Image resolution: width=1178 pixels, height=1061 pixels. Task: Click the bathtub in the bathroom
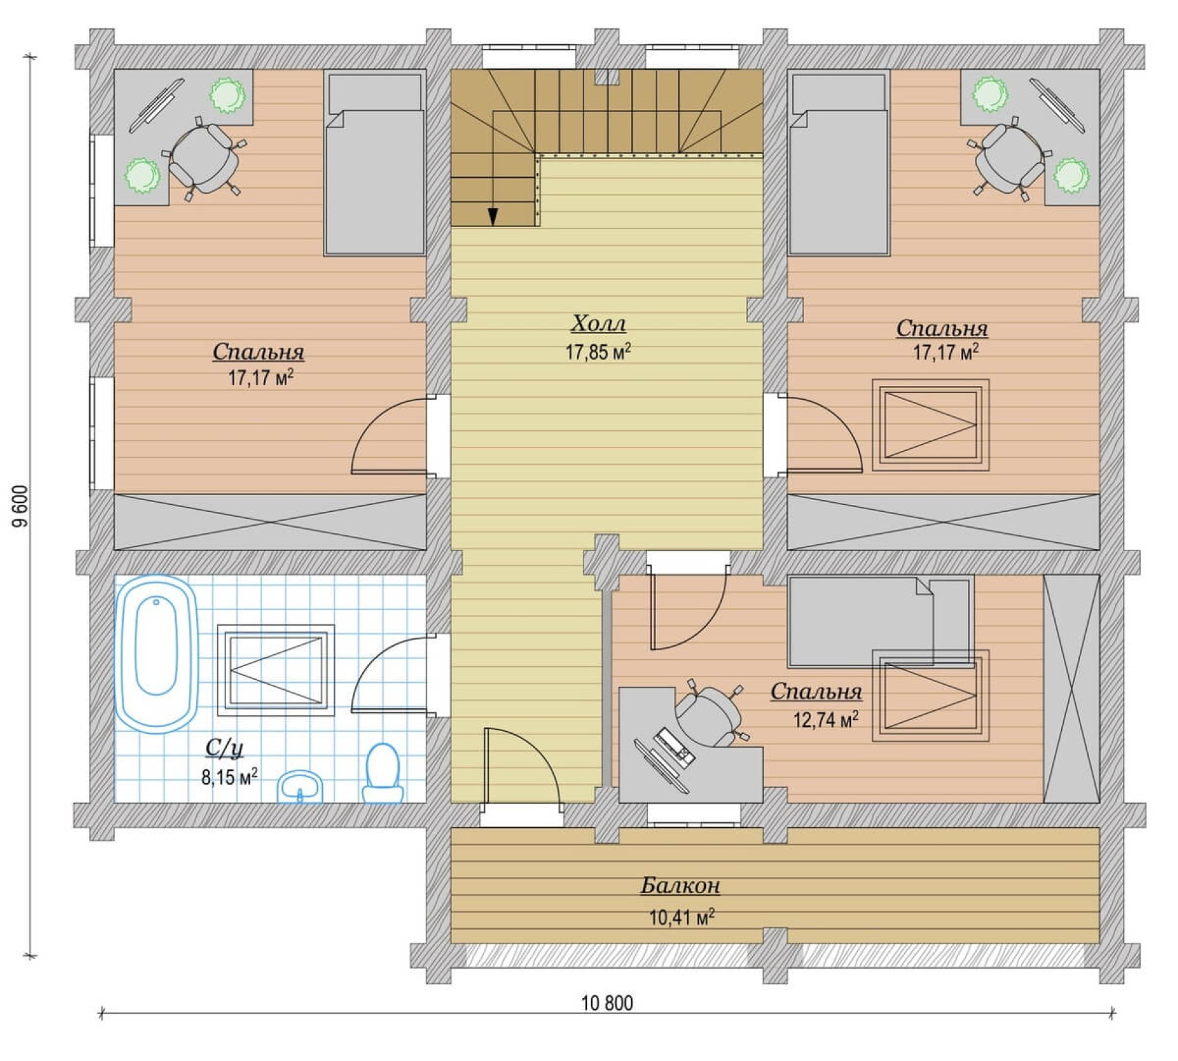tap(157, 654)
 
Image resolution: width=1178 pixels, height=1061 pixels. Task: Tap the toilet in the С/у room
tap(382, 773)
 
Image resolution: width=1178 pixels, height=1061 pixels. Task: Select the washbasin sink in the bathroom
tap(300, 787)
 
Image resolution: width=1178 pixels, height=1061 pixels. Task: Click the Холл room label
tap(599, 324)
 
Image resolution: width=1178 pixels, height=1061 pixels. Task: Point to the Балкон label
tap(680, 885)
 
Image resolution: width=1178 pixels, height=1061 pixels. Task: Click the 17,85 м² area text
tap(599, 352)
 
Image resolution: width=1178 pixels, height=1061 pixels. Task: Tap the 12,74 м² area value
tap(825, 720)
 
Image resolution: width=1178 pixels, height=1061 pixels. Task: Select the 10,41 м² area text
tap(682, 917)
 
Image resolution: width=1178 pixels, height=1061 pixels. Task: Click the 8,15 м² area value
tap(230, 777)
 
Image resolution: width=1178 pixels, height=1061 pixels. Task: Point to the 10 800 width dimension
tap(607, 1003)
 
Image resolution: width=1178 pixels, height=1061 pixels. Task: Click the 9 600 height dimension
tap(21, 506)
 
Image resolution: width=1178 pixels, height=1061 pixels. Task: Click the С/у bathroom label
tap(224, 748)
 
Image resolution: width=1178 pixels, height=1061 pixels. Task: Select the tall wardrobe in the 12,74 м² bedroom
tap(1071, 689)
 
